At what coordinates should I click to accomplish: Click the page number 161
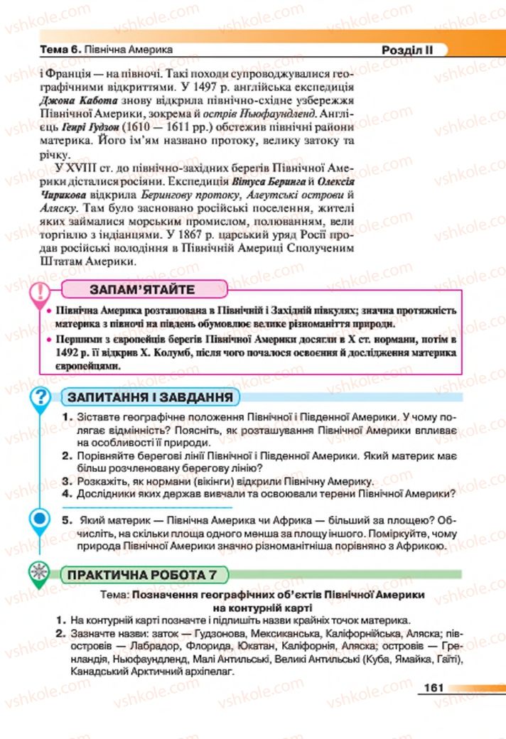click(x=433, y=688)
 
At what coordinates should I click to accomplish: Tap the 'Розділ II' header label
click(x=404, y=50)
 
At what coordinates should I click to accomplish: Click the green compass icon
click(x=41, y=572)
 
